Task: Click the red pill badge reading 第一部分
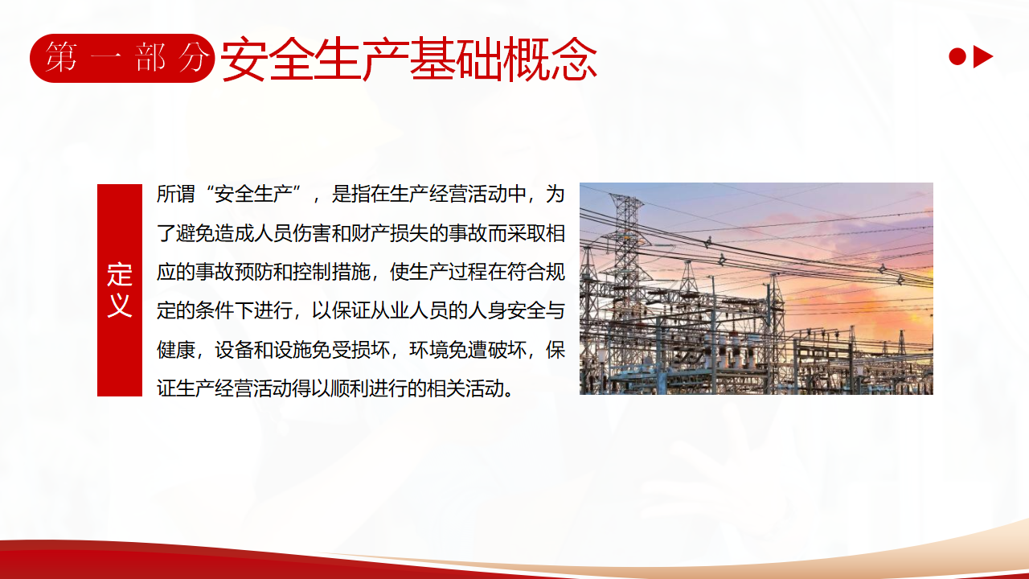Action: point(122,59)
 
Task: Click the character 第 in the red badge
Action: point(60,57)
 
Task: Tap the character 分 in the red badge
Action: point(194,57)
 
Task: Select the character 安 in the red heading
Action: point(244,60)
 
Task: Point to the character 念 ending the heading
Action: point(574,60)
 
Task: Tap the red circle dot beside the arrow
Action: point(957,57)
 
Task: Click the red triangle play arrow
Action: point(982,57)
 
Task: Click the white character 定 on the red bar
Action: point(120,275)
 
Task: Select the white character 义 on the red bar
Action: point(120,305)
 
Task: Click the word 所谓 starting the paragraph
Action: point(176,194)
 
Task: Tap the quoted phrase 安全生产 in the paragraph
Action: point(253,194)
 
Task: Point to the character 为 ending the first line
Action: point(555,194)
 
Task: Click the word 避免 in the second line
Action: point(195,233)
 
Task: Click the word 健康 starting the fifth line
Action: point(176,350)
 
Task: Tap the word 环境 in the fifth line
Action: point(428,350)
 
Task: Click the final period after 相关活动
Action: point(509,394)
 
